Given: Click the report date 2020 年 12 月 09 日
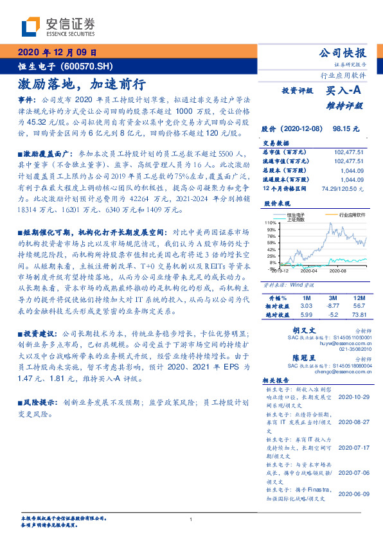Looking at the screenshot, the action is [58, 52].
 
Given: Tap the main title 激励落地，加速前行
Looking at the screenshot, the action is [82, 84].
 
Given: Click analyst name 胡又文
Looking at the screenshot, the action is [296, 328].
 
